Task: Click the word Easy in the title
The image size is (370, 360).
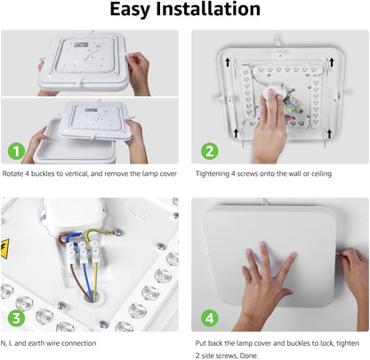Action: (131, 10)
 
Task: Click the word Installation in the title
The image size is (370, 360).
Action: (208, 9)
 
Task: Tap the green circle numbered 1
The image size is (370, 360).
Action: (16, 151)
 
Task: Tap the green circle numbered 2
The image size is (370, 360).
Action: (210, 151)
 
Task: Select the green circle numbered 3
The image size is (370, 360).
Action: (16, 318)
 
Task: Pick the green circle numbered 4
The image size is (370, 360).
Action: (210, 318)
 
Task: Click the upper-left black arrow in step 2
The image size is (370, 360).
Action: (228, 62)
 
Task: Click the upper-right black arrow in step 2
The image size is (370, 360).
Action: (332, 62)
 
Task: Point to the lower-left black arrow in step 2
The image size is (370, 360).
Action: (236, 133)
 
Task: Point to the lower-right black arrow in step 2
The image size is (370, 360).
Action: (329, 133)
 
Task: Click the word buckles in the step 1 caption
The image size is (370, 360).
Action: (43, 173)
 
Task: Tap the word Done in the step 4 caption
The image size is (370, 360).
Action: (249, 356)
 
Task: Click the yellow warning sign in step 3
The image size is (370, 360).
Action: (4, 249)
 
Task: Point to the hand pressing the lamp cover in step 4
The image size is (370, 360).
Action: (267, 284)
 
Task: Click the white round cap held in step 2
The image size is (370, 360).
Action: (271, 96)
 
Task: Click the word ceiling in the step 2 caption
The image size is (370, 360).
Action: (321, 174)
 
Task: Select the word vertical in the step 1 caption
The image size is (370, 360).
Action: (77, 173)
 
